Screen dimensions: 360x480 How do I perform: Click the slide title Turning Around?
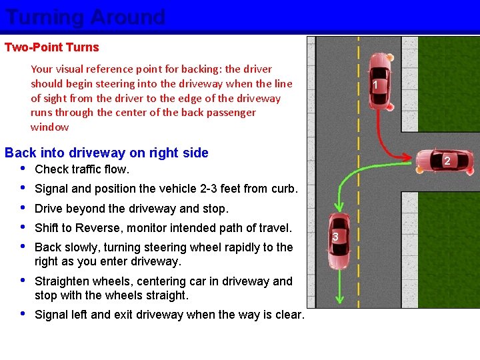click(85, 17)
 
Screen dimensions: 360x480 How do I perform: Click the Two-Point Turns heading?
click(51, 47)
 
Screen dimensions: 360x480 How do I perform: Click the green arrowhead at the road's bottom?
click(341, 298)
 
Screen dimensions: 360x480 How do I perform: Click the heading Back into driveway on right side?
click(107, 153)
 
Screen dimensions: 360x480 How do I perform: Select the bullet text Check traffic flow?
click(82, 169)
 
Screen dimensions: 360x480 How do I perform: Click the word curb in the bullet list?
click(281, 189)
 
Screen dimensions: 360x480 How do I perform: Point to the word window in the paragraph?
click(49, 127)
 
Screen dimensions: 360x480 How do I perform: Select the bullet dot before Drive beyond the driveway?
click(24, 209)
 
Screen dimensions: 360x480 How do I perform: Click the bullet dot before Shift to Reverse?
click(24, 228)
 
